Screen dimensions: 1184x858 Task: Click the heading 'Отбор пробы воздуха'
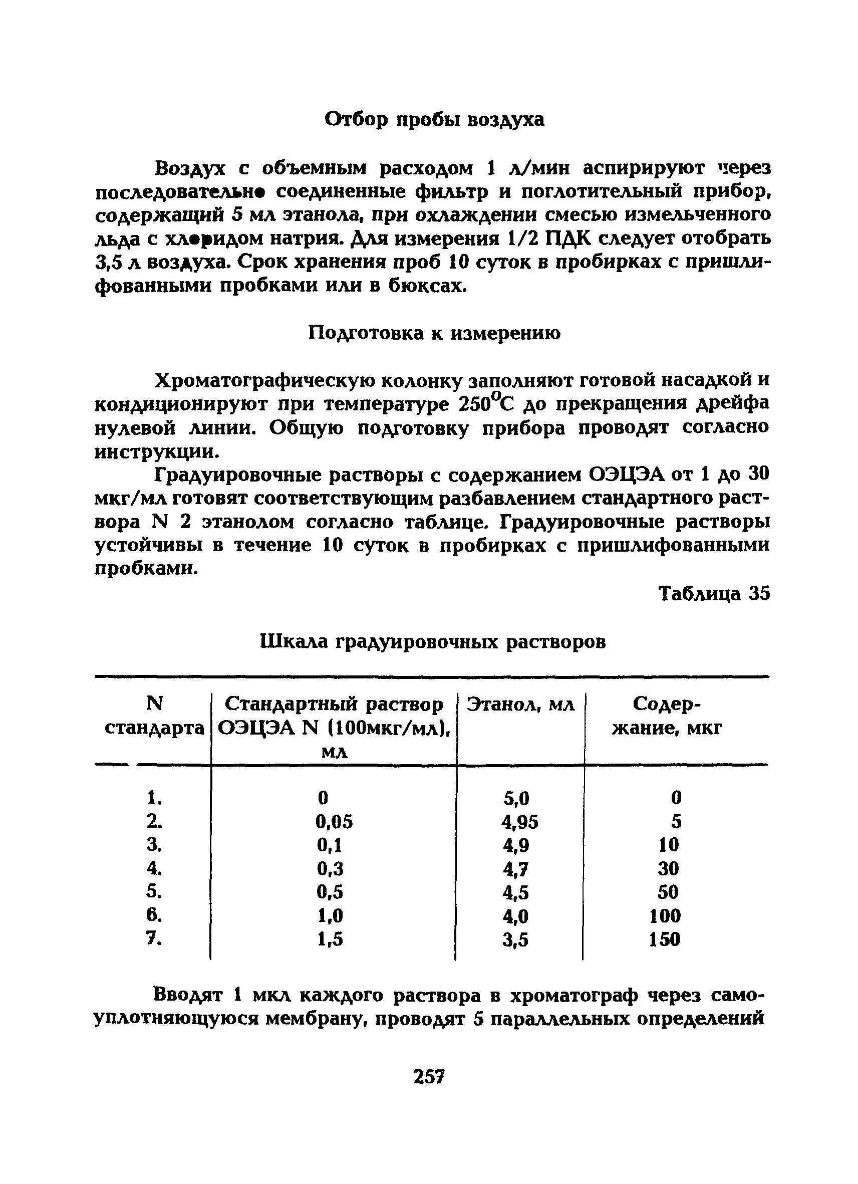(434, 120)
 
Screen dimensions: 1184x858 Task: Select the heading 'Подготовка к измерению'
(434, 333)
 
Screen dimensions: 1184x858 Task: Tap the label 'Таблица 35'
(714, 594)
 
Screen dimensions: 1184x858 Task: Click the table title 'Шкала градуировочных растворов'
(433, 641)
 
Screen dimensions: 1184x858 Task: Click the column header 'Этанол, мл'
(520, 705)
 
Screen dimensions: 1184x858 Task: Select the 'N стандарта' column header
(154, 716)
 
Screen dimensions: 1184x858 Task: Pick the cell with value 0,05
(334, 822)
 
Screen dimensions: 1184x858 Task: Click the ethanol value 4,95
(519, 823)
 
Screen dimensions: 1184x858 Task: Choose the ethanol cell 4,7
(515, 869)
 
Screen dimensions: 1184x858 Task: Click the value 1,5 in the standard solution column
(330, 939)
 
